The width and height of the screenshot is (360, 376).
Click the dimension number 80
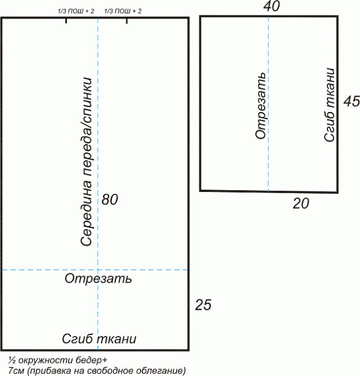[x=110, y=199]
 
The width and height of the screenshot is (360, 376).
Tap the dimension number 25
[x=203, y=305]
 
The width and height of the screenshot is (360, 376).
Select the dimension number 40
[x=272, y=6]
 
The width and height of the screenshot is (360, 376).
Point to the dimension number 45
[x=352, y=101]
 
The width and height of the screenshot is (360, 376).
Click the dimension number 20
[x=301, y=204]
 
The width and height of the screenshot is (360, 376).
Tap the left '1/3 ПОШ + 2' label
[x=76, y=11]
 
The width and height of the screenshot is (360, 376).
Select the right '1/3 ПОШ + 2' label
[x=123, y=11]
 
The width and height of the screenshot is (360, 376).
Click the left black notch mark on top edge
[x=66, y=21]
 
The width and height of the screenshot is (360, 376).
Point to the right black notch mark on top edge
[x=127, y=21]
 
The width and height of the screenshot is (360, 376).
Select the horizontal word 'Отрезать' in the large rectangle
[x=98, y=279]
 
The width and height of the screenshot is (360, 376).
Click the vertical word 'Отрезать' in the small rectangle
[x=260, y=106]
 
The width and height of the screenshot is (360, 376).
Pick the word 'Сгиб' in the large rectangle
[x=78, y=339]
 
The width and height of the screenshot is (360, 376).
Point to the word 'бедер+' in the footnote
[x=91, y=360]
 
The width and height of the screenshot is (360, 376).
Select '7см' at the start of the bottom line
[x=16, y=371]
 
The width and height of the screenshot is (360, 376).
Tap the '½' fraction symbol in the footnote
[x=12, y=360]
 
